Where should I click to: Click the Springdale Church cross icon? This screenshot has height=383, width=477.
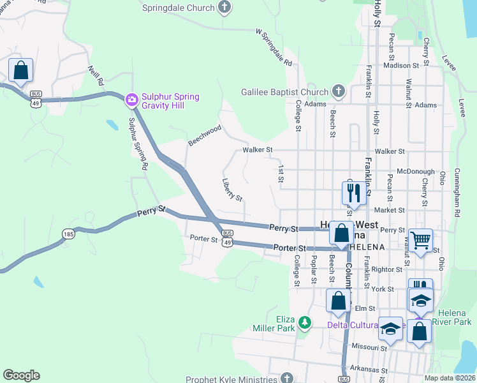[224, 8]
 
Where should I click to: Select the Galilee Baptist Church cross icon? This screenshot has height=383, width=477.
[338, 91]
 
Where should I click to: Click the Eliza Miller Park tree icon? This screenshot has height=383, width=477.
[305, 323]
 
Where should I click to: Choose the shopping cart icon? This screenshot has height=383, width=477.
[421, 241]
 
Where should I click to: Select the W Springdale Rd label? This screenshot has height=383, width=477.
[274, 48]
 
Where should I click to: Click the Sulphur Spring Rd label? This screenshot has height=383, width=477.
[138, 143]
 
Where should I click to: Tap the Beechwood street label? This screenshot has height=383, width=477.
[204, 135]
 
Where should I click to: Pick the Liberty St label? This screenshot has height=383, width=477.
[232, 190]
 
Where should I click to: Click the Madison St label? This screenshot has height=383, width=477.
[401, 65]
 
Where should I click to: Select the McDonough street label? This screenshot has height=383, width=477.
[416, 172]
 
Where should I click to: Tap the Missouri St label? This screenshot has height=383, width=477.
[370, 348]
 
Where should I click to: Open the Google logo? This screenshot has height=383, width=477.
[21, 375]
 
